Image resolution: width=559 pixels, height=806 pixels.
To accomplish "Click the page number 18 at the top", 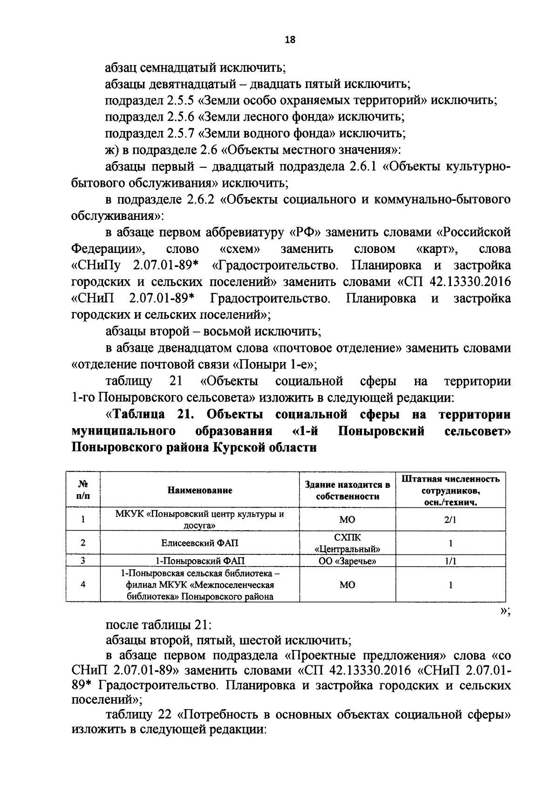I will point(290,40).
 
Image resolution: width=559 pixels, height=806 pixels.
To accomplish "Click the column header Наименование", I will point(199,490).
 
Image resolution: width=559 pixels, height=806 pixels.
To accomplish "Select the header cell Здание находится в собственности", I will point(347,490).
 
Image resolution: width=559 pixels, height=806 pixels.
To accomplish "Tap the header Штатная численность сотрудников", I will point(450,490).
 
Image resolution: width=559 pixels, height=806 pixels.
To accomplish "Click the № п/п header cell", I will point(83,490).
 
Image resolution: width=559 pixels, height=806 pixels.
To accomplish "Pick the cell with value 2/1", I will point(450,519).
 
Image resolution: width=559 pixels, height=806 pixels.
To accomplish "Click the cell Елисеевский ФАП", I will point(199,543).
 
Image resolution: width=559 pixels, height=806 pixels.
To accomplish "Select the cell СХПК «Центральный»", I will point(347,543).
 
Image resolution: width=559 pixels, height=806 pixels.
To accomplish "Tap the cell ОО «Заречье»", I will point(347,561).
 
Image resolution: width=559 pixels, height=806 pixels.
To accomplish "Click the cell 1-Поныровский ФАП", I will point(199,561).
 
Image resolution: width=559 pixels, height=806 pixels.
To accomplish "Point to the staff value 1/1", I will point(450,561).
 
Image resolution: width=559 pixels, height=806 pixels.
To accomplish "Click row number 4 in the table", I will point(83,584).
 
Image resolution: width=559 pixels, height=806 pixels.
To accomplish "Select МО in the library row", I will point(347,585).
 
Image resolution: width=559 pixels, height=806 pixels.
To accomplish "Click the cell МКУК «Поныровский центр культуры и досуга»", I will point(199,519).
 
